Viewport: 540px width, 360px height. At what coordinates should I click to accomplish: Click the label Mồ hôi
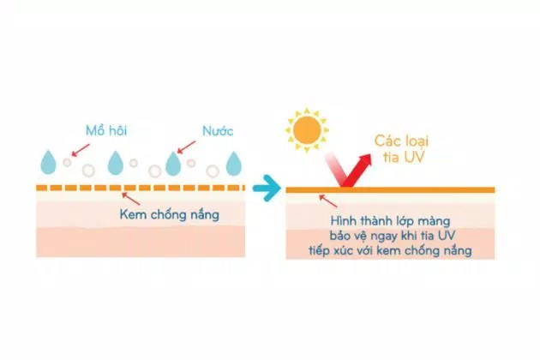tap(106, 130)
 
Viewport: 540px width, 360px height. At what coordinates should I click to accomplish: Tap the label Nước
tap(218, 130)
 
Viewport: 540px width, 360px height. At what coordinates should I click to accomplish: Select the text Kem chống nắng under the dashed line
tap(170, 214)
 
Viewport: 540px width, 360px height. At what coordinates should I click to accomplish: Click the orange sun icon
tap(307, 130)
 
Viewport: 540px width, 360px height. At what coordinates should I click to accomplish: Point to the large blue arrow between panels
tap(267, 188)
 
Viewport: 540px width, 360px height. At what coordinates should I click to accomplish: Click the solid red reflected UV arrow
tap(357, 171)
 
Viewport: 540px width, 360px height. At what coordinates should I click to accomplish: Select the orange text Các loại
tap(401, 141)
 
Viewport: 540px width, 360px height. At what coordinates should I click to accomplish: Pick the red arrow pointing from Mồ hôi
tap(80, 151)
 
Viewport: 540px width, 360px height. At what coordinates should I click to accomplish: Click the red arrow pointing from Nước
tap(186, 147)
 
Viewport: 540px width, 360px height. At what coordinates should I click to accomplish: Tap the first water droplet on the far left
tap(48, 162)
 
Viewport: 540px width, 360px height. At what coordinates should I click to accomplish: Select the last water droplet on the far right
tap(234, 164)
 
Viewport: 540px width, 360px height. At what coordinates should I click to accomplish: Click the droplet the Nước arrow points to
tap(173, 164)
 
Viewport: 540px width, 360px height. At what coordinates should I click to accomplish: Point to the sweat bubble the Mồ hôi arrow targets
tap(67, 162)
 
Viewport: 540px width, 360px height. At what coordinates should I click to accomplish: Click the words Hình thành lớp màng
tap(390, 220)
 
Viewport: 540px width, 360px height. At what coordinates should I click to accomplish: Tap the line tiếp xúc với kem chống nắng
tap(390, 250)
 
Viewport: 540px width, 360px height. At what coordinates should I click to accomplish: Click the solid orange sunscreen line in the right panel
tap(390, 189)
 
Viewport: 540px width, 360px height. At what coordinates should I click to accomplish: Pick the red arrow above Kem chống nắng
tap(131, 199)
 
